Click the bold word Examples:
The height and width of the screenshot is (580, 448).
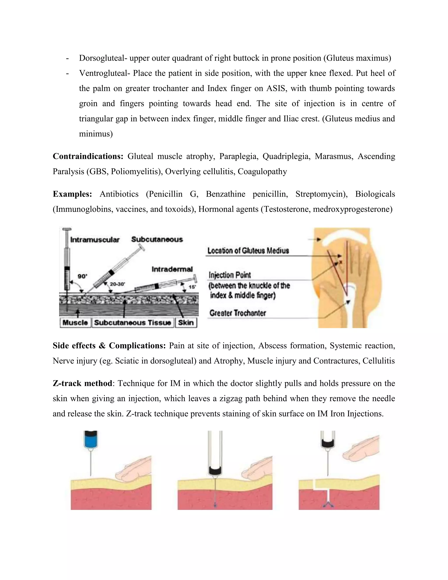pos(72,194)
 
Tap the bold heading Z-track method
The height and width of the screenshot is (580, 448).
pos(82,383)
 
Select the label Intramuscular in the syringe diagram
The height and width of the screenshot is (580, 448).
pos(95,240)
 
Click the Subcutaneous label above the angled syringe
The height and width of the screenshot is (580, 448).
pos(157,239)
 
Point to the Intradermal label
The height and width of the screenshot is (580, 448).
pos(172,269)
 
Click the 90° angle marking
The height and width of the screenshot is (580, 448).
pos(82,276)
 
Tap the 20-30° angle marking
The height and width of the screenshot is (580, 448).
pos(117,284)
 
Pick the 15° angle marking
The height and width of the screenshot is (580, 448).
pos(192,287)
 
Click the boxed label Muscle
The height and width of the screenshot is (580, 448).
pos(75,323)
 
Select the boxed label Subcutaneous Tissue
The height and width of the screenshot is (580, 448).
pos(132,323)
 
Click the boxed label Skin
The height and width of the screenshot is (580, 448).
pos(186,323)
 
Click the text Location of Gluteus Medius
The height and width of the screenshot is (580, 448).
pos(248,251)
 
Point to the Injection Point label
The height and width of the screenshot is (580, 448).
pos(229,275)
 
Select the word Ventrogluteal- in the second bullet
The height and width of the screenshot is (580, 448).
pos(104,73)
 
